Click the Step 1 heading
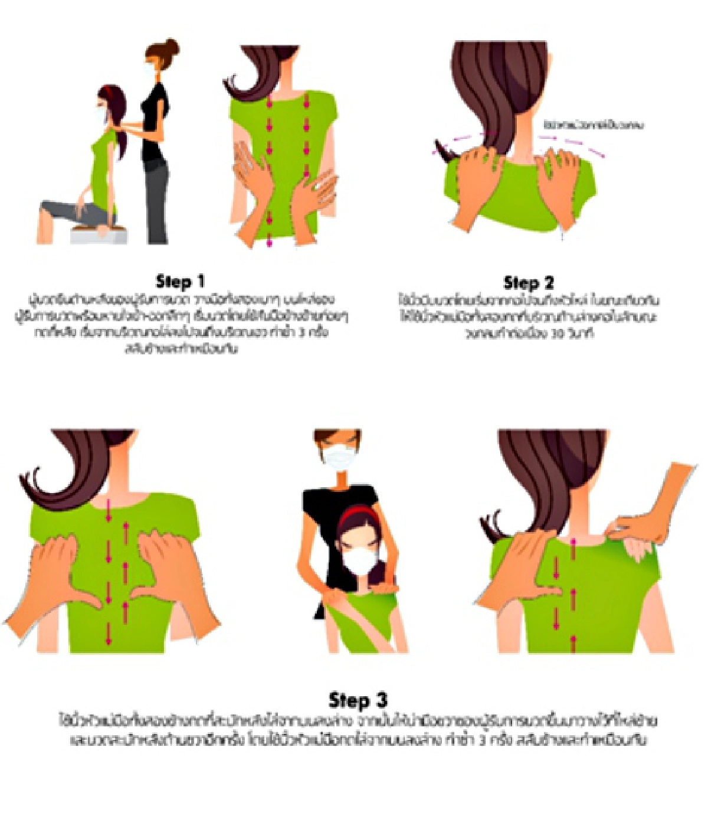coord(180,281)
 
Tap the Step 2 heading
coord(528,282)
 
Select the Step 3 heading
coord(358,700)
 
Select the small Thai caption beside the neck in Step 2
coord(593,125)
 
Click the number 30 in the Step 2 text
coord(558,334)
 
